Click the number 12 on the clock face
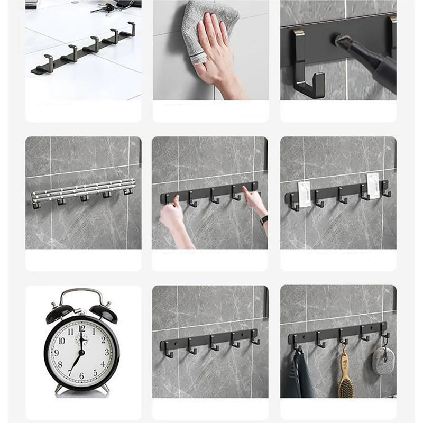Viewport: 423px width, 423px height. tap(82, 329)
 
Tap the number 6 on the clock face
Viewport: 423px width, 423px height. tap(80, 376)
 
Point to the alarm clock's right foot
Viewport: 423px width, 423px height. tap(105, 389)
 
